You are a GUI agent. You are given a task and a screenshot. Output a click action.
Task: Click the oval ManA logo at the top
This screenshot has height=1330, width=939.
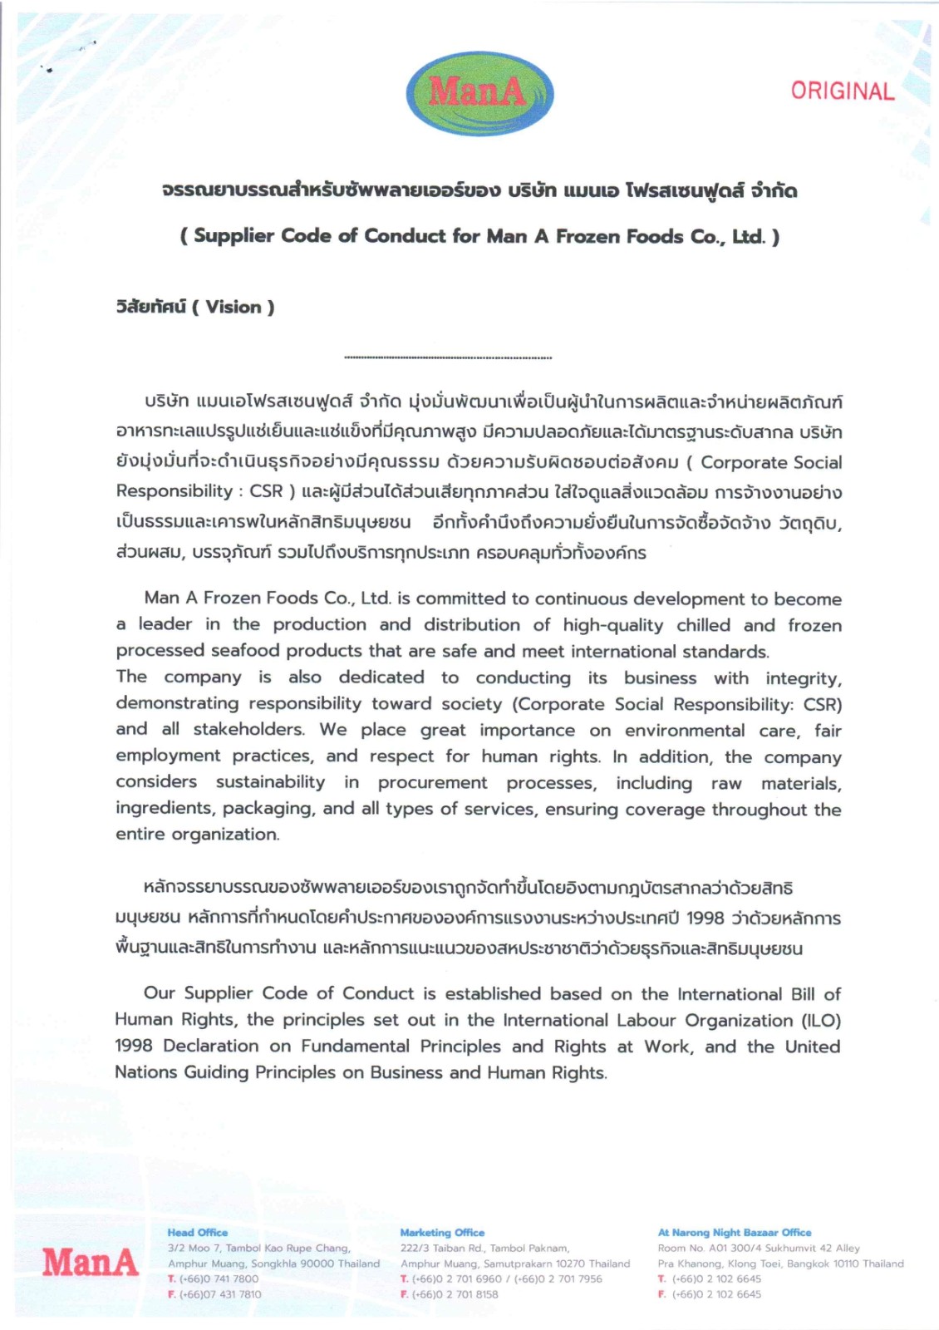(479, 92)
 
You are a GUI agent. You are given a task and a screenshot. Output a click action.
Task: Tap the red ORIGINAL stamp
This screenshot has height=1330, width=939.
(842, 91)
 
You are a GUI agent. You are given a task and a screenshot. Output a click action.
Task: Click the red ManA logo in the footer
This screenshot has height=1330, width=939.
(91, 1262)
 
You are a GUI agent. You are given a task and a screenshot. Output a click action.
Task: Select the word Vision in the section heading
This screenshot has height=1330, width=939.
(234, 307)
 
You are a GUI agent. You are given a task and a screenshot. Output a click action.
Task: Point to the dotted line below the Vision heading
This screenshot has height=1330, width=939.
(448, 358)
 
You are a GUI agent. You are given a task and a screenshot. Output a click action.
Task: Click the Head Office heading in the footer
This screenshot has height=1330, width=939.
(197, 1233)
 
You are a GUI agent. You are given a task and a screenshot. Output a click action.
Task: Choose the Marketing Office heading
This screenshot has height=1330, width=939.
(442, 1233)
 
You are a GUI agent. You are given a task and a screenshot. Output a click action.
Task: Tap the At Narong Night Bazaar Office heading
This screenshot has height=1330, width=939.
(735, 1233)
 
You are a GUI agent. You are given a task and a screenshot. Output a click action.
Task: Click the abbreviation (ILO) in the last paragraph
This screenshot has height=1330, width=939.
(821, 1020)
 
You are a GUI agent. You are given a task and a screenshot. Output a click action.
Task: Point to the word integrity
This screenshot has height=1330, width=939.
(803, 678)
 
